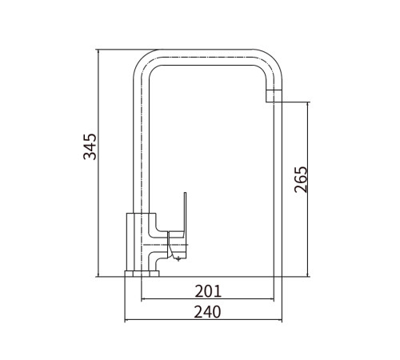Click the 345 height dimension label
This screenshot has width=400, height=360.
click(90, 146)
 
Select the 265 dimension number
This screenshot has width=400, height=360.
click(301, 179)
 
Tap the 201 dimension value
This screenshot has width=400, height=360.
click(208, 291)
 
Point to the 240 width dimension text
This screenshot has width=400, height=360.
click(207, 312)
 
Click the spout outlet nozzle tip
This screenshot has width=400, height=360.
click(274, 96)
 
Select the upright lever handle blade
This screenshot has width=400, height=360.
click(184, 214)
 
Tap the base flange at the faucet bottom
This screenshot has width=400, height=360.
click(142, 274)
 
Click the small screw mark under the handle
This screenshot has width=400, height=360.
click(178, 258)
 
